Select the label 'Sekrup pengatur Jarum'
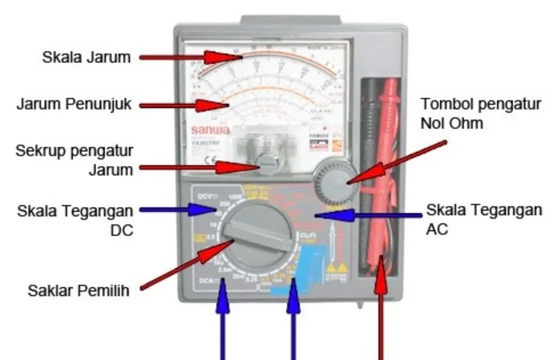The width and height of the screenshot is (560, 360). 74,159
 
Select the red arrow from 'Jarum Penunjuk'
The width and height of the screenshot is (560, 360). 187,105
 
